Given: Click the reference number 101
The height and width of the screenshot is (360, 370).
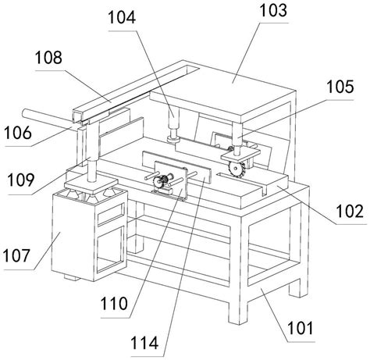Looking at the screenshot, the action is point(300,328).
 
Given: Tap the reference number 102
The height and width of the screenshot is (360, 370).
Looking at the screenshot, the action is point(350,211).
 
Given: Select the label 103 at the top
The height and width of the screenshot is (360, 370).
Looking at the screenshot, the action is point(273,11).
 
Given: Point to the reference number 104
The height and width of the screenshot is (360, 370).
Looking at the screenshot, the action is point(122,18).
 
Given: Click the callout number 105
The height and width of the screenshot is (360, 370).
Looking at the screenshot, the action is point(340,87).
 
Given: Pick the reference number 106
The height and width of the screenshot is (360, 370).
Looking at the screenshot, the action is point(18,133).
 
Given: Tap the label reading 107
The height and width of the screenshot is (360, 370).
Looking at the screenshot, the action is point(16,255).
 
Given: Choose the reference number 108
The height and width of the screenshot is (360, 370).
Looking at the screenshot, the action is point(48,58).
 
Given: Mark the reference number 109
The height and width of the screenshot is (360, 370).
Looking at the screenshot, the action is point(21,180).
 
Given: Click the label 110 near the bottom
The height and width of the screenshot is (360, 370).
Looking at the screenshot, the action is point(114,304).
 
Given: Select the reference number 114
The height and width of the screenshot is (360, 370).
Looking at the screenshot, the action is point(144,343).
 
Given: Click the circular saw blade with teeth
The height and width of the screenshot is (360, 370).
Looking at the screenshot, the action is point(237,169).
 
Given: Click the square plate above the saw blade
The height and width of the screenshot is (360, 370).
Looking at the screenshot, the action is point(240,155).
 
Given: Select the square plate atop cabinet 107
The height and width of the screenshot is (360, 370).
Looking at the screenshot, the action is point(91,184).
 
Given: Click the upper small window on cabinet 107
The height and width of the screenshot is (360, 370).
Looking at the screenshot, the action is point(111,214).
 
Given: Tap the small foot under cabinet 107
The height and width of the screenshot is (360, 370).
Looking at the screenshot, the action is point(72,277).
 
